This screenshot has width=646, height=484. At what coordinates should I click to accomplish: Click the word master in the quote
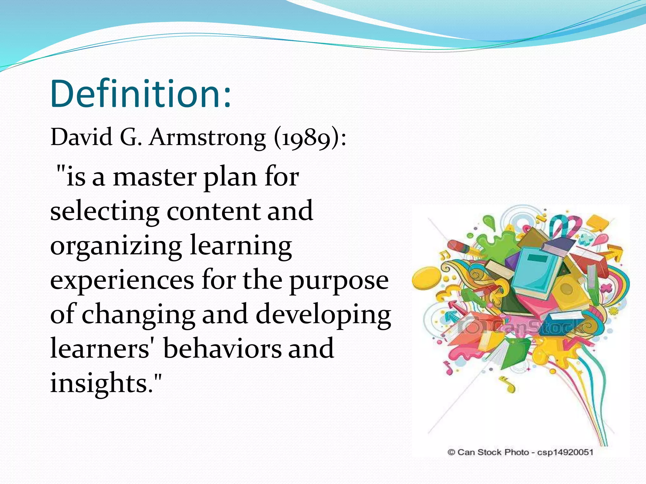(155, 177)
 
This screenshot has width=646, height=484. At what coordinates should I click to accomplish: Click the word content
(213, 212)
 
